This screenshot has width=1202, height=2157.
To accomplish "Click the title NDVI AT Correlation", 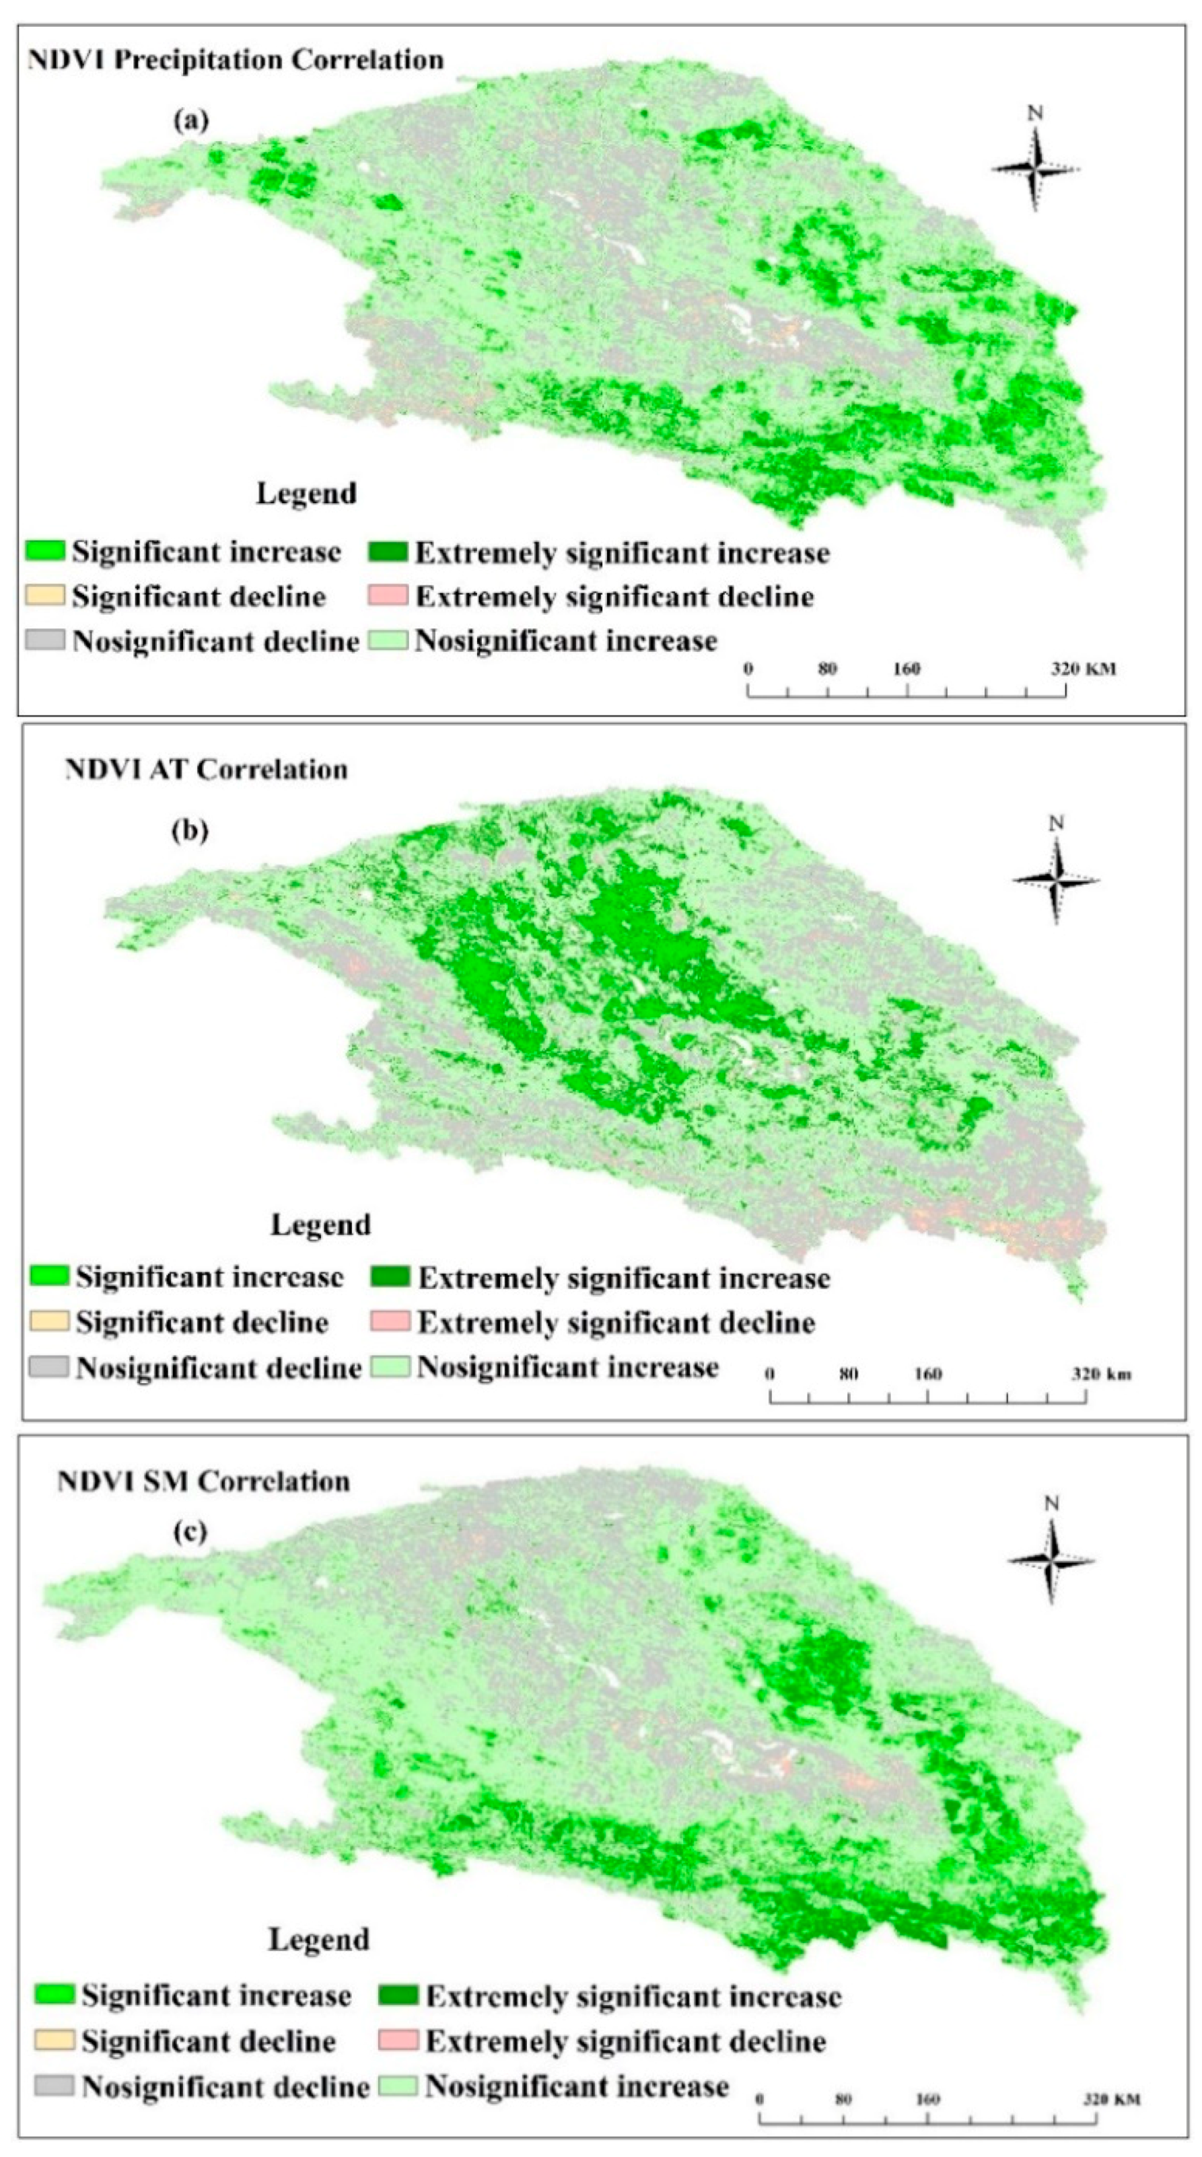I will tap(206, 770).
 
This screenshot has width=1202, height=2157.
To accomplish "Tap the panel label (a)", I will tap(191, 120).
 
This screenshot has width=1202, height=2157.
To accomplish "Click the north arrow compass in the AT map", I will tap(1055, 879).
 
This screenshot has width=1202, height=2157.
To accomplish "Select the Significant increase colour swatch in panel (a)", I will tap(45, 551).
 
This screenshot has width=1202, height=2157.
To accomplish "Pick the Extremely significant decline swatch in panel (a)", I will tap(388, 596).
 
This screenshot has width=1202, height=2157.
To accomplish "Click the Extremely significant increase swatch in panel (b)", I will tap(390, 1278).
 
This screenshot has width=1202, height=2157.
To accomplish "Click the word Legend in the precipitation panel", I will tap(306, 493).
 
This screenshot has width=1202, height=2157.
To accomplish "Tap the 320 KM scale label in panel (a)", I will tap(1082, 668).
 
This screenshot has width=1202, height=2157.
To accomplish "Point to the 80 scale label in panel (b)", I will tap(849, 1373).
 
